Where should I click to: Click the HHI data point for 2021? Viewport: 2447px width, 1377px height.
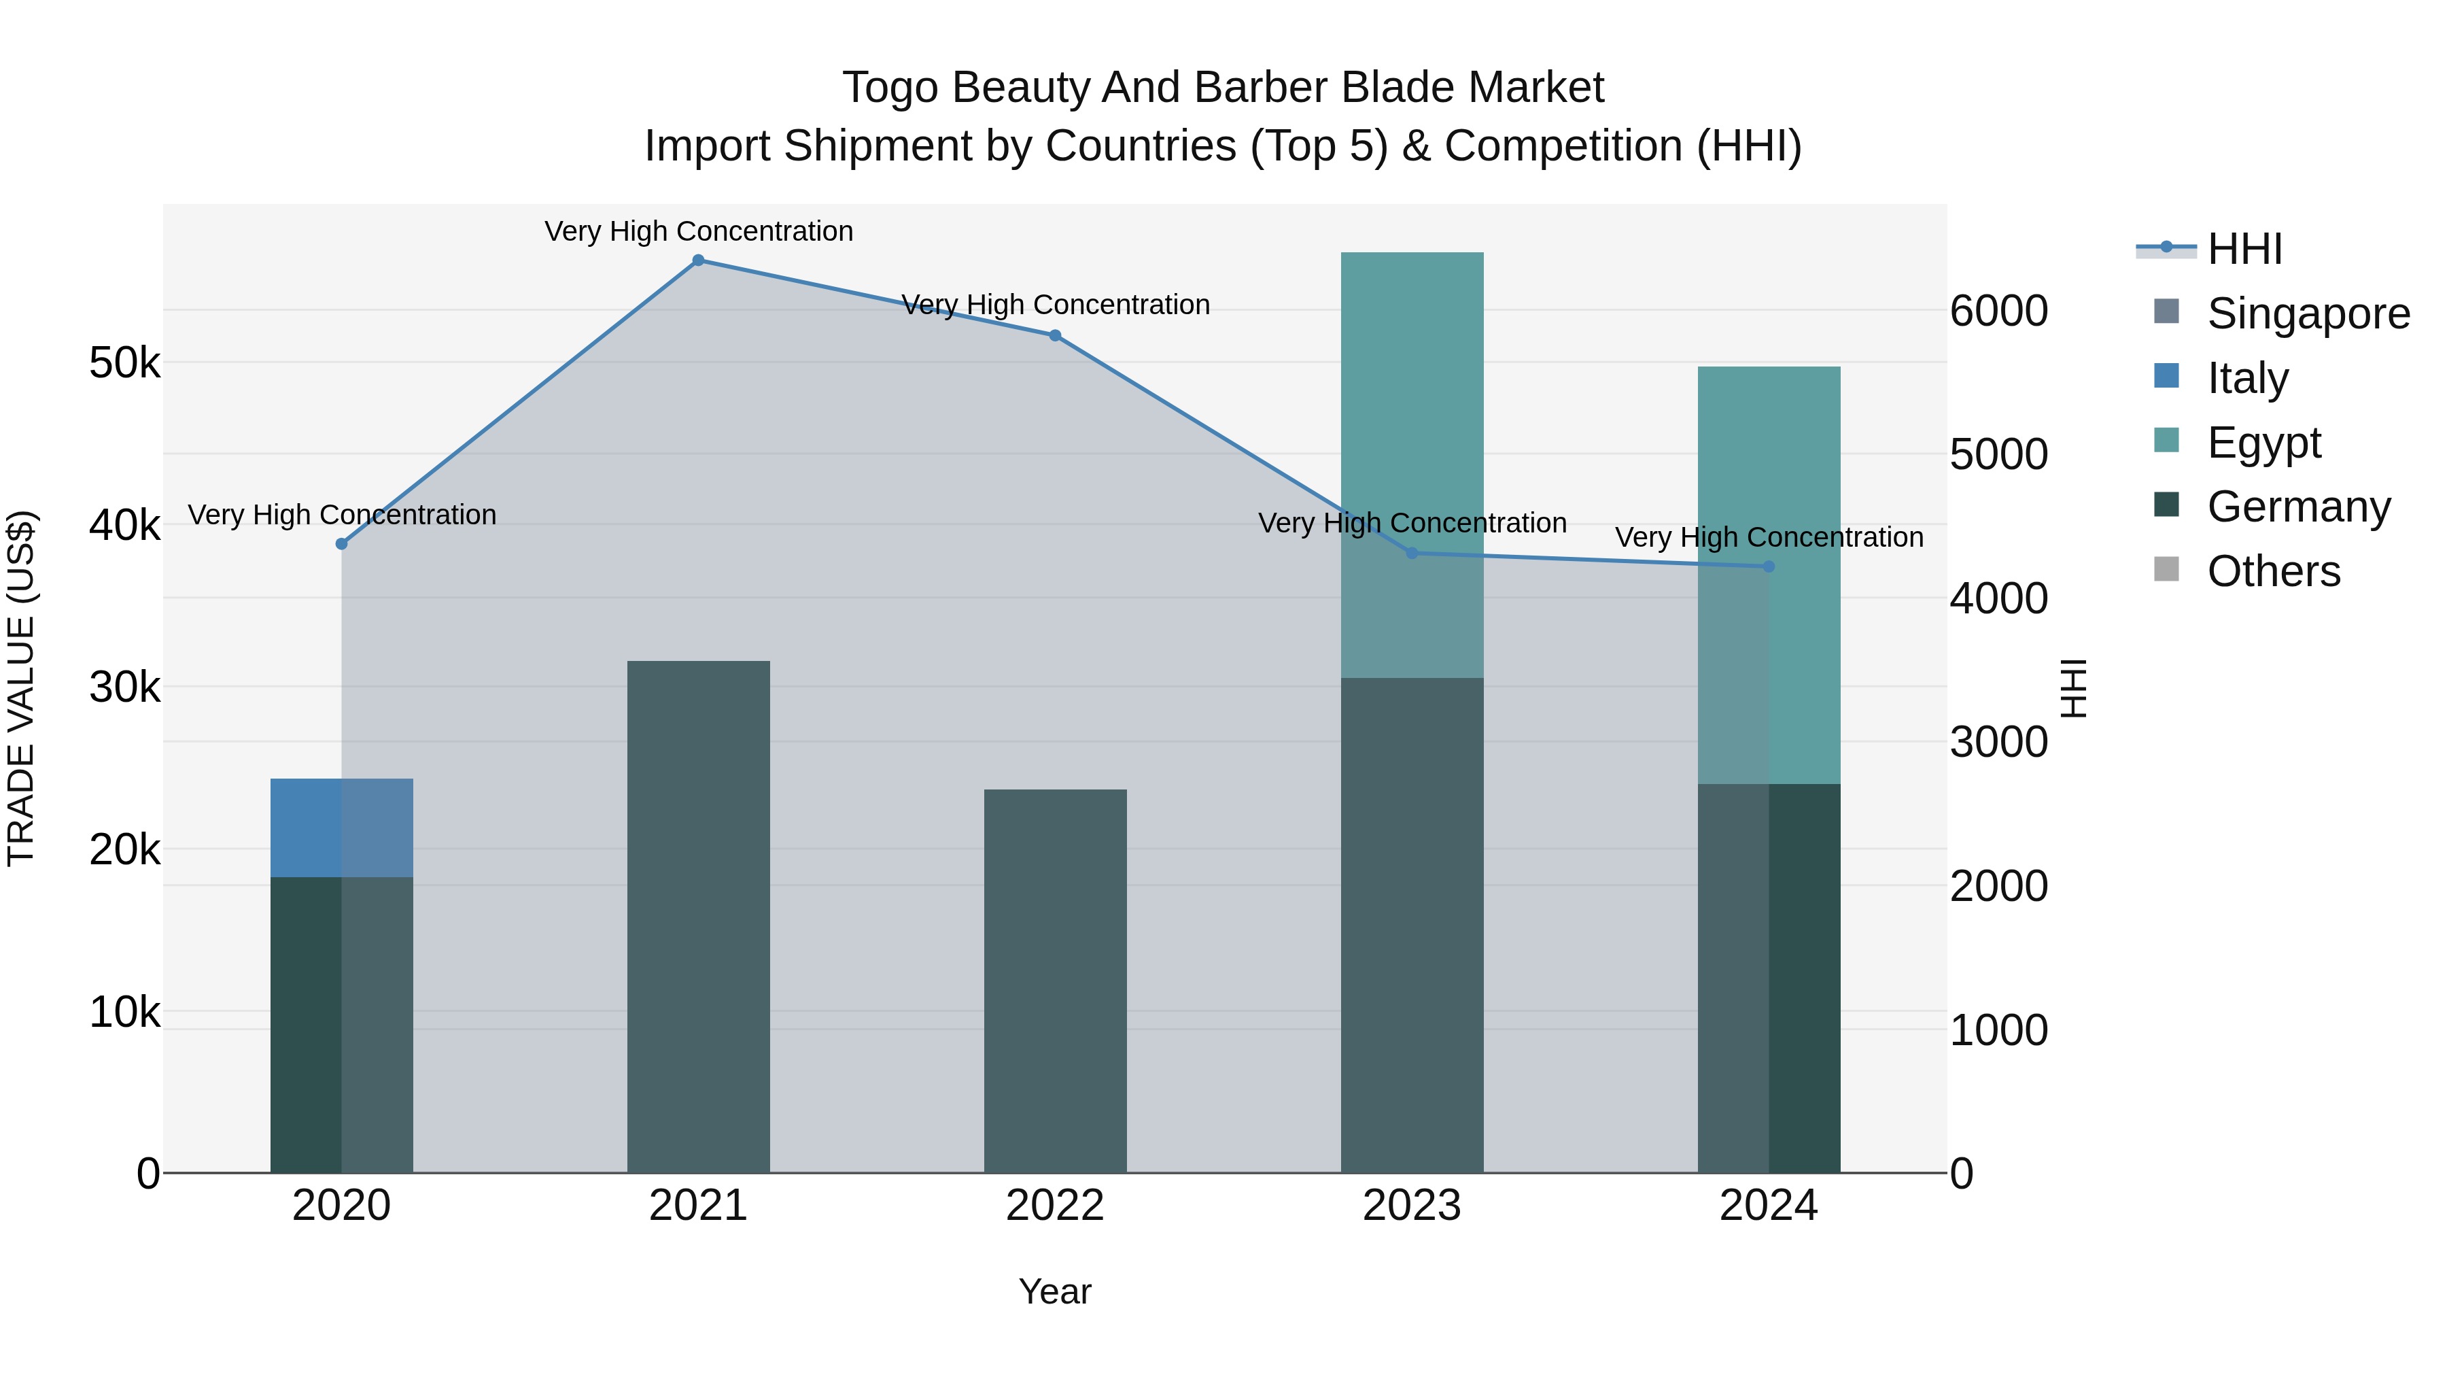click(698, 260)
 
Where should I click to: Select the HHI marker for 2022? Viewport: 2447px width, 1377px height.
click(1054, 335)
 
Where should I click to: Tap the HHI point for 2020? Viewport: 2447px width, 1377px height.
click(342, 543)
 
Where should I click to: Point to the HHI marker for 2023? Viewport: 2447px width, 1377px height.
click(1412, 553)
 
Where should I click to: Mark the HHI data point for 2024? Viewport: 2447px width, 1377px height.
click(1769, 566)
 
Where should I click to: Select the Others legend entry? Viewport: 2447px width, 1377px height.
click(2273, 571)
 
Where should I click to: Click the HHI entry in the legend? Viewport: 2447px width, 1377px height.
click(2244, 249)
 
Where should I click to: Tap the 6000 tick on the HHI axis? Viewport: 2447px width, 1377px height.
click(1998, 311)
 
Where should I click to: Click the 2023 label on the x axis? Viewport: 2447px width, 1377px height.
click(1412, 1206)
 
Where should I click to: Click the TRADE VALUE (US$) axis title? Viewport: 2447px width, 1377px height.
click(22, 688)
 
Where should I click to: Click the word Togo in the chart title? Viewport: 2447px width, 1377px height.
click(889, 88)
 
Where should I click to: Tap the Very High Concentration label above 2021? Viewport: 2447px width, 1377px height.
click(698, 231)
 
